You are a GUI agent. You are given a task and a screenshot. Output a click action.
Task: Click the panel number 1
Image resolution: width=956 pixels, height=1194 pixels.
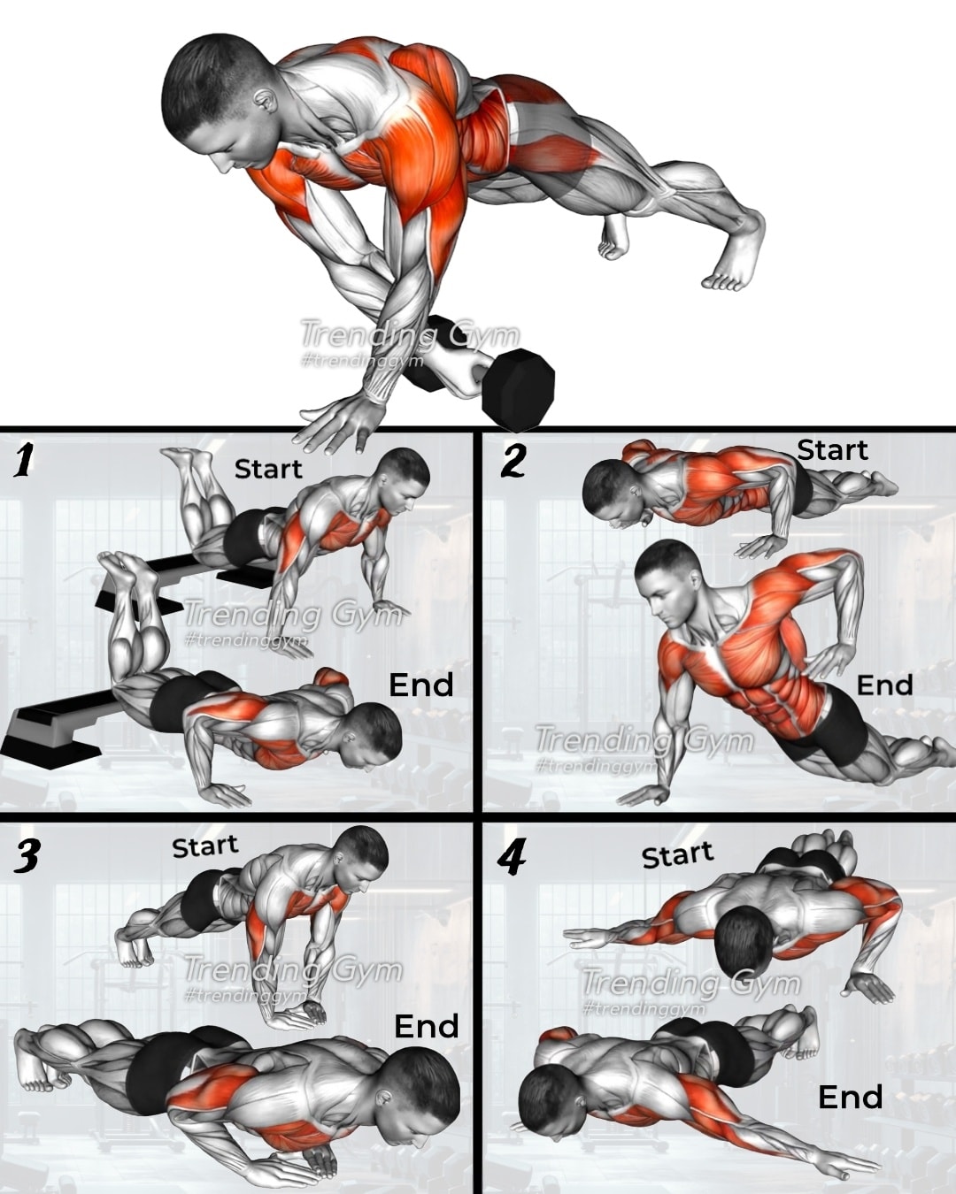tap(24, 462)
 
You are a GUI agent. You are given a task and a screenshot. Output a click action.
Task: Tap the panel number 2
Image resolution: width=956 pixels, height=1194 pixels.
tap(513, 462)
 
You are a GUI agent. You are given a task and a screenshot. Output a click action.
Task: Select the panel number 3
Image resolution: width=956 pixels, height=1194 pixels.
tap(26, 855)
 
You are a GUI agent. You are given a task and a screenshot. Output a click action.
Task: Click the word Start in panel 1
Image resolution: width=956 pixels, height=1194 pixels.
tap(268, 470)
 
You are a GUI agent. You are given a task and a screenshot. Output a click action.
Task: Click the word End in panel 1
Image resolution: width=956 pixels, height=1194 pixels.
tap(421, 685)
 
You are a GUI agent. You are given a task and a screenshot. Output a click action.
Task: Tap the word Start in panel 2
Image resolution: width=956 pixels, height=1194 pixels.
tap(832, 450)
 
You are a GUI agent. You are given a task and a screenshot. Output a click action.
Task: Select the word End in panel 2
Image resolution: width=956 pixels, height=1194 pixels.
tap(885, 685)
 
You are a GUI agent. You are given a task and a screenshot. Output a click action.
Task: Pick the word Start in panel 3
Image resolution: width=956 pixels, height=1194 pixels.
tap(205, 846)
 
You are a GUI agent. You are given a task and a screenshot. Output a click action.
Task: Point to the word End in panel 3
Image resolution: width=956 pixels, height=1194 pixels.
tap(427, 1011)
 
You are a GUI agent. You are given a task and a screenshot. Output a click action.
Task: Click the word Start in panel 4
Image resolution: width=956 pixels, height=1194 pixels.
tap(678, 855)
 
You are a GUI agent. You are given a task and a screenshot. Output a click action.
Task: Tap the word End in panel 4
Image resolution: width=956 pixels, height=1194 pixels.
tap(851, 1097)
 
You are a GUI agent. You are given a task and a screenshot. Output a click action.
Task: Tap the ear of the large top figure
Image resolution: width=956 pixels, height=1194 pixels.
tap(266, 101)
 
